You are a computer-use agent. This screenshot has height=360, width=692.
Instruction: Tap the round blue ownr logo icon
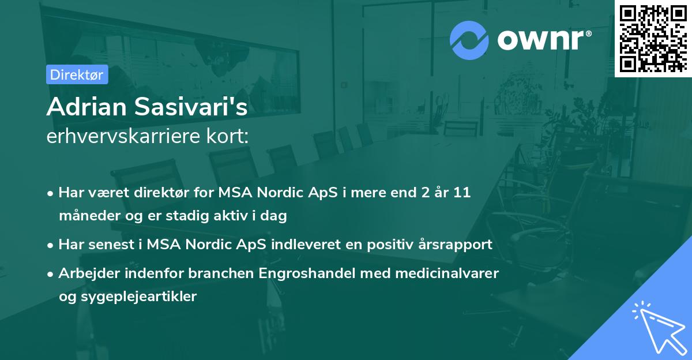click(469, 40)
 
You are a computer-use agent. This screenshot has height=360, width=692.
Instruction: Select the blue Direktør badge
click(77, 74)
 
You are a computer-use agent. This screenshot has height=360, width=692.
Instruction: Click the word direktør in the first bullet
click(170, 193)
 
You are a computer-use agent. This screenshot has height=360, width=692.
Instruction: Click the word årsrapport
click(457, 244)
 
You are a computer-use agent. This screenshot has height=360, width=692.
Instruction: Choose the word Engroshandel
click(304, 273)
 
